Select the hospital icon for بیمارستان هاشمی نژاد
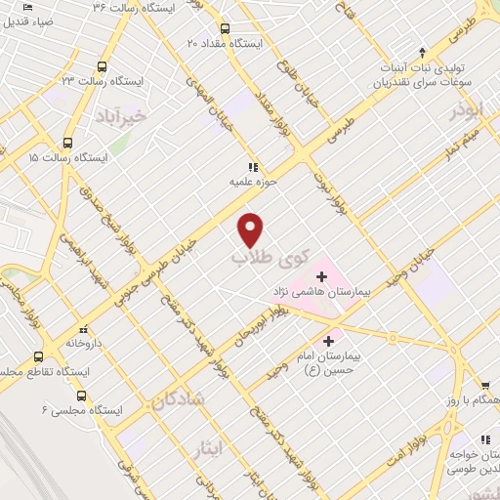322,275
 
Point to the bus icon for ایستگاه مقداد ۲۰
226,28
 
